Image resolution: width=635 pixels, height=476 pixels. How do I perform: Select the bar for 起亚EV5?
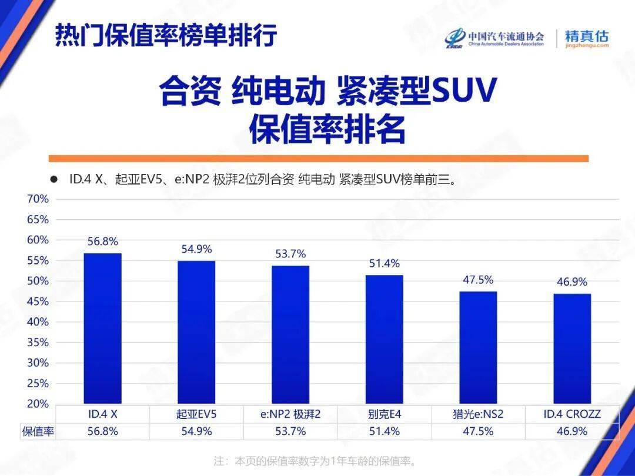click(x=196, y=332)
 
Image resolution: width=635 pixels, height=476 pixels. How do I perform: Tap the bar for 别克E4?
click(x=385, y=339)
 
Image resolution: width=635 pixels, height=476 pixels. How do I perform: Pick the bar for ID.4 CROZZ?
click(x=572, y=348)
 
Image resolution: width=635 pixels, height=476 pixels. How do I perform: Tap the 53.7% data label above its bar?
click(x=290, y=254)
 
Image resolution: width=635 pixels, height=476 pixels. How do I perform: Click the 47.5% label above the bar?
click(x=478, y=280)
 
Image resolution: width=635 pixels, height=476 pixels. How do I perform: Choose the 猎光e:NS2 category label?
click(x=478, y=414)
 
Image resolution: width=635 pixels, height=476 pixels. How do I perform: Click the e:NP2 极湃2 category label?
click(x=290, y=414)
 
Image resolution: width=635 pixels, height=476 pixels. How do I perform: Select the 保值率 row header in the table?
click(x=38, y=431)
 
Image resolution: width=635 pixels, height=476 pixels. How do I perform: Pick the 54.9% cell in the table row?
click(x=196, y=431)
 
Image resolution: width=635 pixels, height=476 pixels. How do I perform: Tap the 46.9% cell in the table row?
click(x=572, y=431)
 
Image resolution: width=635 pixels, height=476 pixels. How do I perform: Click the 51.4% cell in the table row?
click(x=385, y=431)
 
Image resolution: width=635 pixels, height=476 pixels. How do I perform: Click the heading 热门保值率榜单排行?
click(x=166, y=36)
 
